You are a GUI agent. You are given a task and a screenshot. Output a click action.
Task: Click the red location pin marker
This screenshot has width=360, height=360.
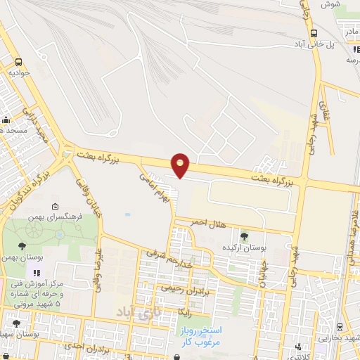[181, 164]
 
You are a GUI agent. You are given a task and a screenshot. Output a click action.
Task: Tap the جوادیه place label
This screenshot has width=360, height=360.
[19, 72]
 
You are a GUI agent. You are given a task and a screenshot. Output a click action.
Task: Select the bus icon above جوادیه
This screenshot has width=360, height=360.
[18, 60]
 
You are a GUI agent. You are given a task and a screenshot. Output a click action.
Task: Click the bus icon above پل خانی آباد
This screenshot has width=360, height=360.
[313, 32]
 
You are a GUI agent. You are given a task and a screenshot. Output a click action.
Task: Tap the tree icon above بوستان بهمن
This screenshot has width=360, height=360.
[22, 246]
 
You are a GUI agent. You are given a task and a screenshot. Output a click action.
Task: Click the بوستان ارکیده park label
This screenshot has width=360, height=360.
[244, 248]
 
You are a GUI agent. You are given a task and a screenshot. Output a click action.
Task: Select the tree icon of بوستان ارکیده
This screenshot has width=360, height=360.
[244, 236]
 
